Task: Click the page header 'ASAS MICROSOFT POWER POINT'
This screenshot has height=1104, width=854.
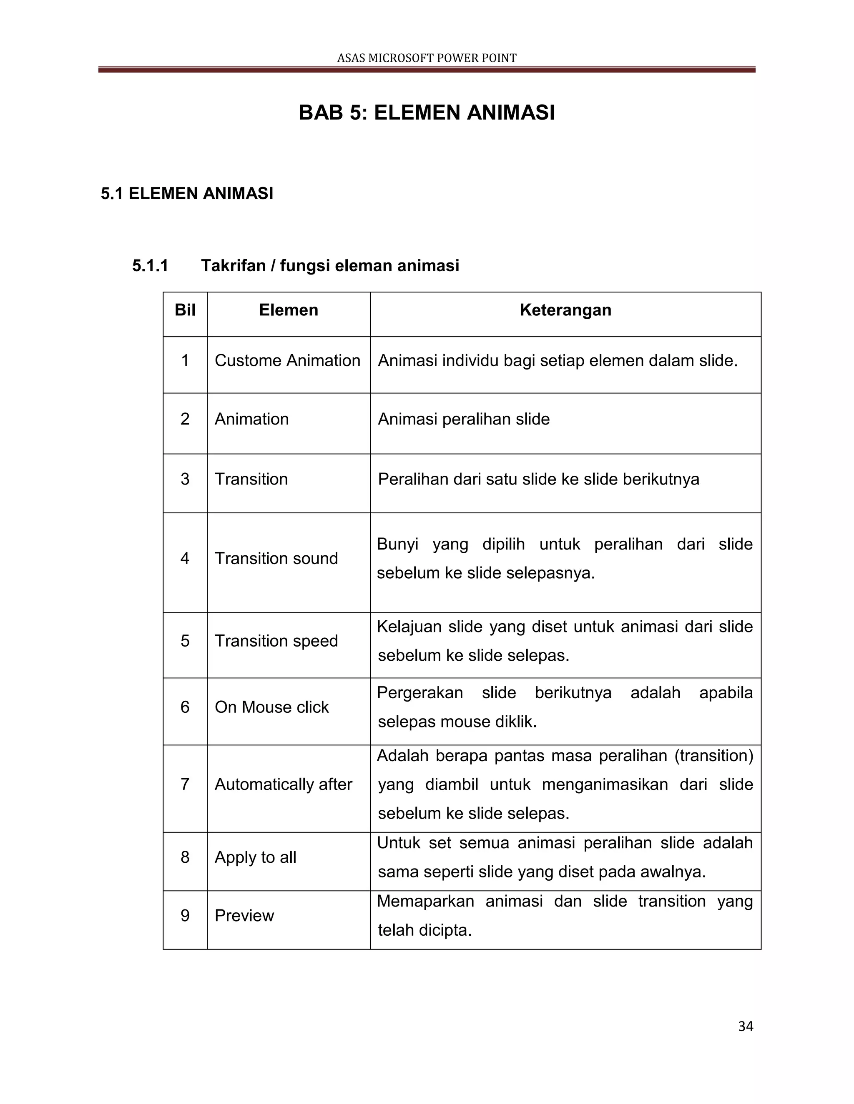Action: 427,58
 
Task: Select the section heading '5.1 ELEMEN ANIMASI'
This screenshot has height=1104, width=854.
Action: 187,194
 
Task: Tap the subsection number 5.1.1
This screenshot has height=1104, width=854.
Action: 150,265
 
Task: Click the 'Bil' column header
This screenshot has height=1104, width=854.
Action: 185,310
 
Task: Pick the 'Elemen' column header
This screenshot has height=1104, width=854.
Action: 289,310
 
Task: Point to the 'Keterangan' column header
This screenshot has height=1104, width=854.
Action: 565,310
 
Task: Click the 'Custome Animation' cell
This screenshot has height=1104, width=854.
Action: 287,360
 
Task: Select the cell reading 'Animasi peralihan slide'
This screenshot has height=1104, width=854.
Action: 463,419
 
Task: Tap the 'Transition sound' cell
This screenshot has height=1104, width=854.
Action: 276,558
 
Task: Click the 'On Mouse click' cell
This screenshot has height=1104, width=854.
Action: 272,707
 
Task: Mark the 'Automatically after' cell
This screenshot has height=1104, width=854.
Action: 283,784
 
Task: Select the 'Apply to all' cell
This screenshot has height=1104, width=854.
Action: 256,857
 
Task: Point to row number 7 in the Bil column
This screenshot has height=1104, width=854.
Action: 185,784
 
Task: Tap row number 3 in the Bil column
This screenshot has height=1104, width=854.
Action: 185,479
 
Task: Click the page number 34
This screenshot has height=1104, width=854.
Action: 745,1027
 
